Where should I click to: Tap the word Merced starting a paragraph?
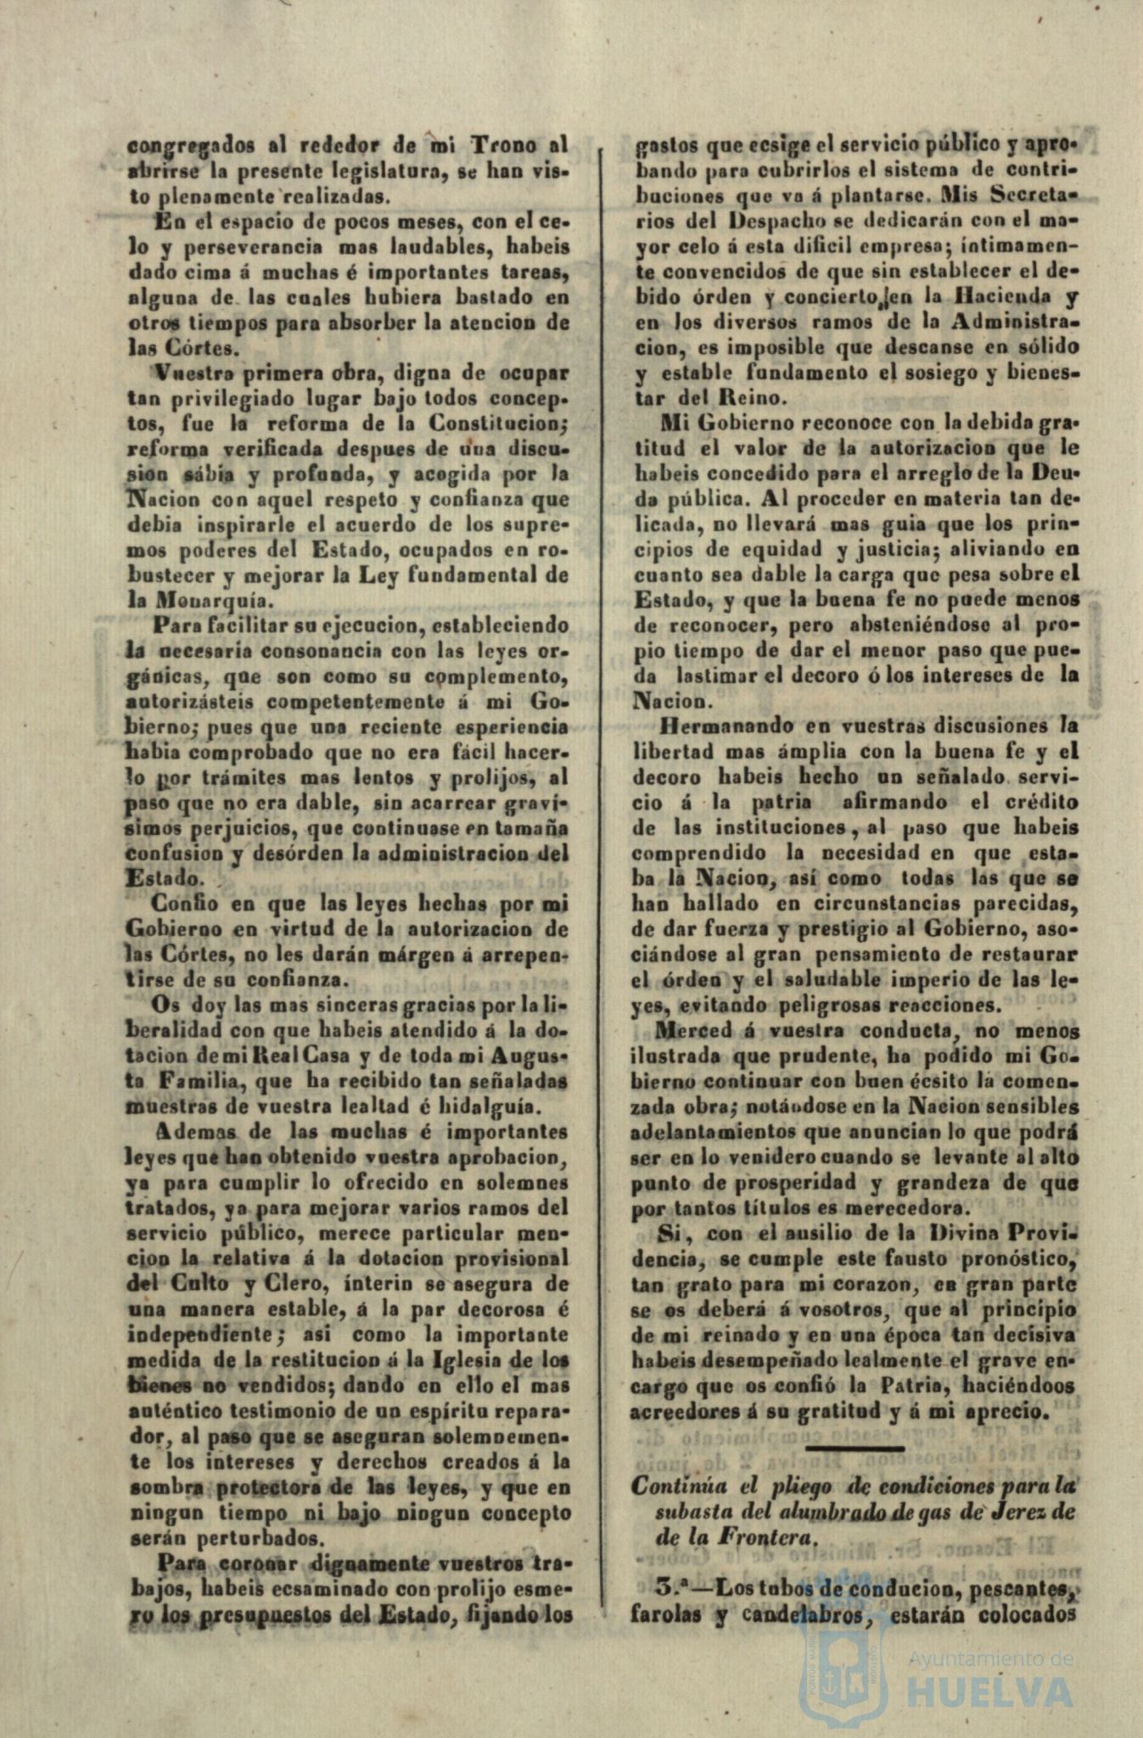(695, 1032)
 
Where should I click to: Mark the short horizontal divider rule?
(854, 1447)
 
